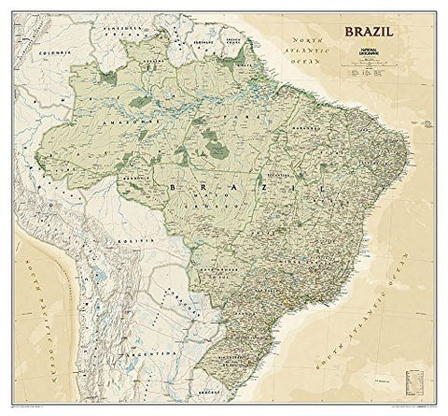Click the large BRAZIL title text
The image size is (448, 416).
click(369, 33)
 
